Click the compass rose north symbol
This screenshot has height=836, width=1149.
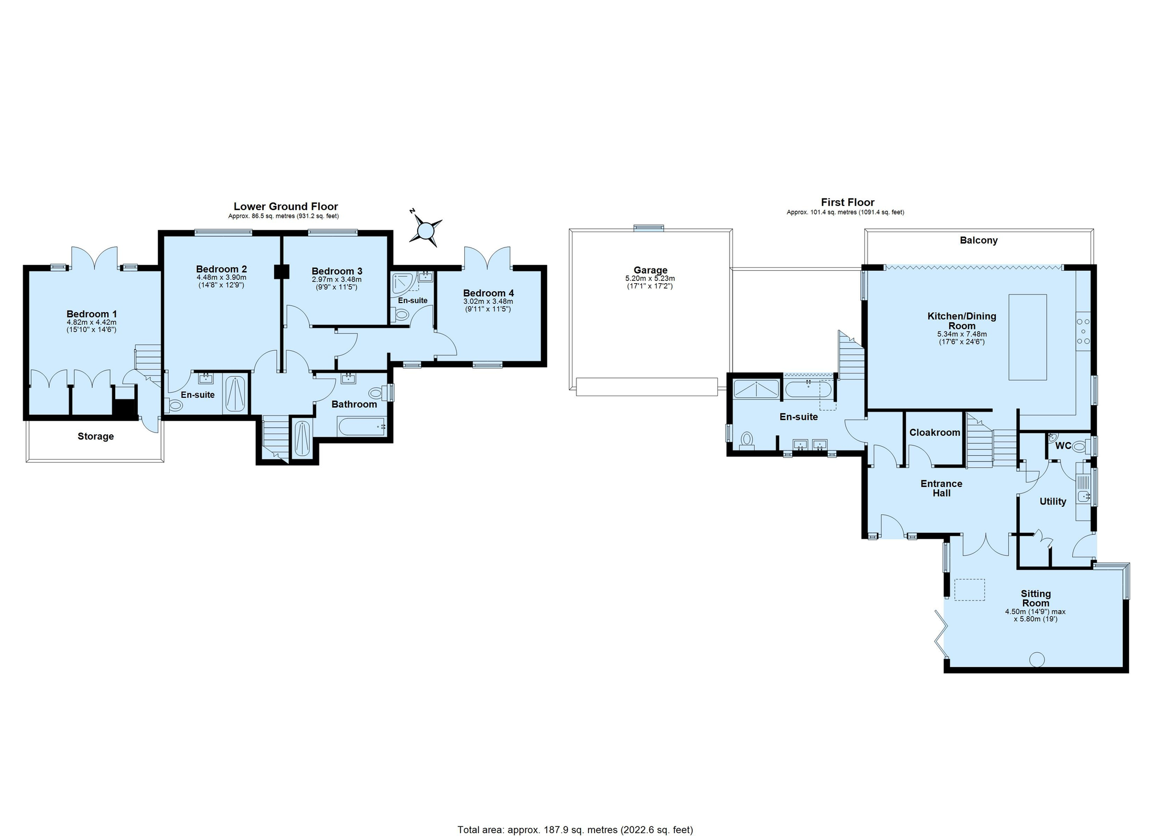[426, 230]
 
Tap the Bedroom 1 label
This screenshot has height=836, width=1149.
[91, 314]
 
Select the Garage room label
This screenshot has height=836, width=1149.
[650, 270]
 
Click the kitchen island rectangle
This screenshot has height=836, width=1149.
[1027, 337]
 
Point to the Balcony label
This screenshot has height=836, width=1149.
[978, 240]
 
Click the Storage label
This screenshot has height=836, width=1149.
[95, 436]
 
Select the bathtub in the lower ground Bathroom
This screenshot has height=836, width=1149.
[361, 426]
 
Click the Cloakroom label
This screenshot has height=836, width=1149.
[935, 432]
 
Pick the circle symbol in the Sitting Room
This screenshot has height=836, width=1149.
[1037, 659]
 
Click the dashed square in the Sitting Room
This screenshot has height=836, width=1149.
[969, 589]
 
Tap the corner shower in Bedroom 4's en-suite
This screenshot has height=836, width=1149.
[403, 283]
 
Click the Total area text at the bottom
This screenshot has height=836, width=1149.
[575, 830]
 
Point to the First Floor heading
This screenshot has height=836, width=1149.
[847, 202]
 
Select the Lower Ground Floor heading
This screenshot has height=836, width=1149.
[285, 207]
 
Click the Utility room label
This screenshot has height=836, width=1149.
[1052, 502]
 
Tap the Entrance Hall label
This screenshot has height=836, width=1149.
[941, 488]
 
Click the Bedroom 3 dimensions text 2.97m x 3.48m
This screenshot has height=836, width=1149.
[336, 280]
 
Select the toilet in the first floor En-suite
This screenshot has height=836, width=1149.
[747, 440]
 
